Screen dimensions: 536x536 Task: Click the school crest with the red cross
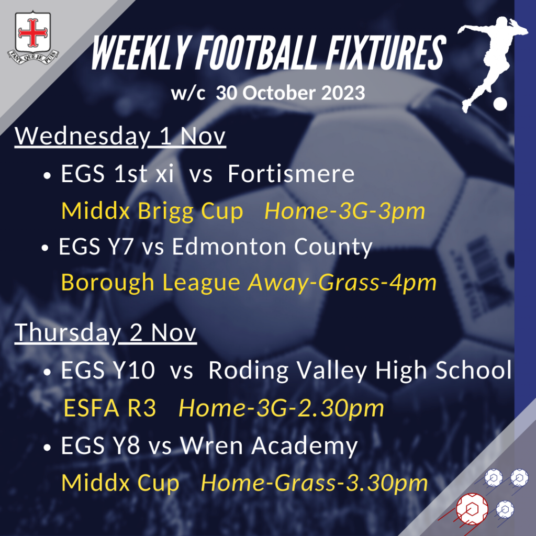[33, 37]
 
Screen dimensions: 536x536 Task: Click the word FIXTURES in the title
[386, 53]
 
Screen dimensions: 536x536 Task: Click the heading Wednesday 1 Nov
[120, 137]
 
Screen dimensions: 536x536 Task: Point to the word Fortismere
[291, 174]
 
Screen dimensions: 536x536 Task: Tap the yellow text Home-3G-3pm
[344, 211]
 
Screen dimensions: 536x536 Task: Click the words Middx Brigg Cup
[152, 211]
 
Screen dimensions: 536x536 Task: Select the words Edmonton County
[272, 247]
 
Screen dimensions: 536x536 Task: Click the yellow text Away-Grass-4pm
[342, 283]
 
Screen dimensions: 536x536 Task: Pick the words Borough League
[151, 283]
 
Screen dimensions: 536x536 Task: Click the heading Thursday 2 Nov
[106, 333]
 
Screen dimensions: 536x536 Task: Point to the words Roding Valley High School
[360, 370]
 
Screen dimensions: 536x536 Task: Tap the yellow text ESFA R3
[110, 408]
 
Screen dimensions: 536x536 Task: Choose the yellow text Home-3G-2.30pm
[281, 408]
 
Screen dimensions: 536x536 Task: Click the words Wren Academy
[269, 446]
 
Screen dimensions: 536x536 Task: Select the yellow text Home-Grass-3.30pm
[315, 483]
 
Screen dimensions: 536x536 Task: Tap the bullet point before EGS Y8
[47, 447]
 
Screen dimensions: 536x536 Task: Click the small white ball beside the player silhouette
[500, 104]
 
